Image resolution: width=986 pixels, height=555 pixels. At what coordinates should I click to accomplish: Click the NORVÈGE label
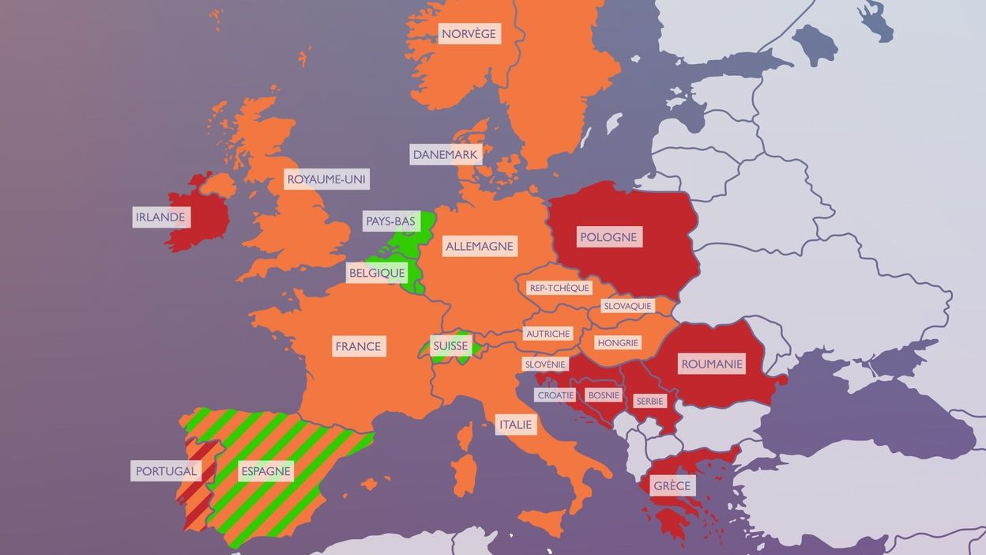tap(469, 33)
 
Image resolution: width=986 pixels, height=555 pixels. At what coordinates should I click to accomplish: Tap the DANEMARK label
tap(446, 154)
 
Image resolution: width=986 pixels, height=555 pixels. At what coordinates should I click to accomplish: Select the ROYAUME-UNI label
tap(327, 179)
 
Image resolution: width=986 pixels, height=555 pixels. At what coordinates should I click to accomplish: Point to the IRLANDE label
tap(160, 217)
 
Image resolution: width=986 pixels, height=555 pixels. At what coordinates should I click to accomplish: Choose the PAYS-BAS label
tap(390, 221)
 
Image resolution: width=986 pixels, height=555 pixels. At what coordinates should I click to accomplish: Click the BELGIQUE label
tap(377, 273)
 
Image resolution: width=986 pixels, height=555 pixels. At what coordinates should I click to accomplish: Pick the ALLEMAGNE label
tap(480, 246)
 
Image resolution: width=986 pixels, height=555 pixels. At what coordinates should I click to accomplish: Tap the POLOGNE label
tap(608, 236)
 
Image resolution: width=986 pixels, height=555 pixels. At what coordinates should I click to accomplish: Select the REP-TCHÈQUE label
tap(559, 288)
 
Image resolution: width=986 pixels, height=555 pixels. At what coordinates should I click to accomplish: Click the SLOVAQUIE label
tap(627, 305)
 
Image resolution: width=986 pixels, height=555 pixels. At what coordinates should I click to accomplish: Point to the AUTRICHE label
tap(548, 334)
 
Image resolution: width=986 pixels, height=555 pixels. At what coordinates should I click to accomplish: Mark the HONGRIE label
tap(618, 342)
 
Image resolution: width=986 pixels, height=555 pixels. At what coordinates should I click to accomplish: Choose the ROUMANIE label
tap(712, 364)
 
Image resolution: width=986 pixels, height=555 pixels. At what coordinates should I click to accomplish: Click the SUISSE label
tap(450, 345)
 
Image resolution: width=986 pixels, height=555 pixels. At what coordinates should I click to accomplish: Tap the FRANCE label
tap(358, 345)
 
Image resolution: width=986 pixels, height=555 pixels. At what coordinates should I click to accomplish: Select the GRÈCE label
tap(672, 485)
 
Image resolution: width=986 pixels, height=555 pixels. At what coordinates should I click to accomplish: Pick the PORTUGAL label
tap(166, 471)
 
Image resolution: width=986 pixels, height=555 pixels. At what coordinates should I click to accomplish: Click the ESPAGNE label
tap(265, 471)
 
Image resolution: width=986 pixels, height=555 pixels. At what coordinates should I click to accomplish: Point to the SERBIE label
tap(650, 401)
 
